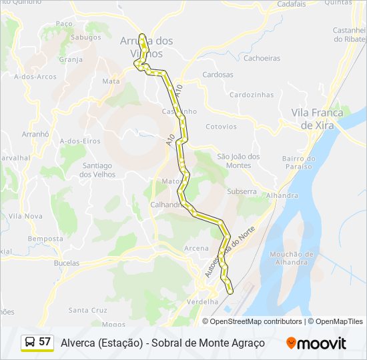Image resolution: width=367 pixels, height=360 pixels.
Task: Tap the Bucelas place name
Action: [x=65, y=263]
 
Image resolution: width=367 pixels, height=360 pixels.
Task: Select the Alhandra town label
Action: [x=282, y=195]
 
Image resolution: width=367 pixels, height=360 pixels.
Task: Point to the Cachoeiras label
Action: [x=262, y=58]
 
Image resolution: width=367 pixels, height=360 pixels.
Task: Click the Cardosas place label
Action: [x=218, y=75]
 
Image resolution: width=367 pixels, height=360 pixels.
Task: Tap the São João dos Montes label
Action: [x=238, y=161]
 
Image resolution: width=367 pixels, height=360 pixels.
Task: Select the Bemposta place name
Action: [x=45, y=239]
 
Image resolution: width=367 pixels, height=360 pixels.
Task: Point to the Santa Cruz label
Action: [x=87, y=310]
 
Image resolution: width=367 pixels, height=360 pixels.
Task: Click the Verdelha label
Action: [x=204, y=302]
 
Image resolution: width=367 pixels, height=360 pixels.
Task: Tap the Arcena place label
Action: [x=196, y=248]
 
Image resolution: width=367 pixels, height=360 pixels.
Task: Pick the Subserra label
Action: [x=242, y=191]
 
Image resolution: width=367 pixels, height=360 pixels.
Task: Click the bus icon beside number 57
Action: [x=30, y=342]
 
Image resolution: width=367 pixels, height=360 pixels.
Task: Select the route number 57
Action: [x=45, y=342]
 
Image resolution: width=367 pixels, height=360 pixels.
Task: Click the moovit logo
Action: [x=316, y=343]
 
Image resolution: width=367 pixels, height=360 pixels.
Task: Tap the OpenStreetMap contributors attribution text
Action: [x=256, y=321]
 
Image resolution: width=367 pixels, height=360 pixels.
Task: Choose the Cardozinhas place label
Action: [x=251, y=95]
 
